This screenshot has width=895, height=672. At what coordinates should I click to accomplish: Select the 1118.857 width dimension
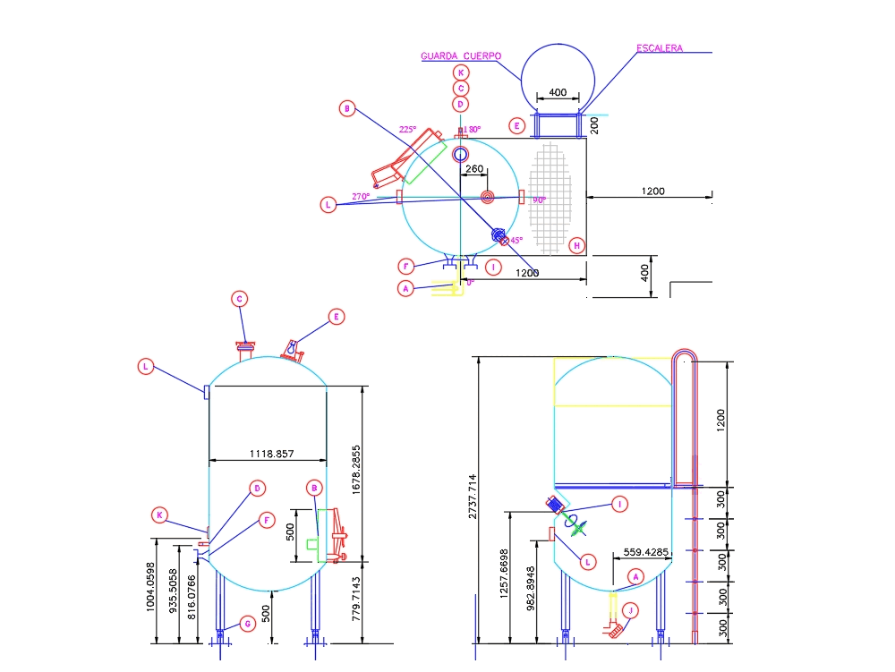coord(267,454)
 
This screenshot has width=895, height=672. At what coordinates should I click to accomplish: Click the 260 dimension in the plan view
coord(474,169)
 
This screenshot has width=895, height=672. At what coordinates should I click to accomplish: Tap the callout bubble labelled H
coord(577,245)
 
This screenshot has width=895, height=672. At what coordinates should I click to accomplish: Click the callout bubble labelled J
coord(632,611)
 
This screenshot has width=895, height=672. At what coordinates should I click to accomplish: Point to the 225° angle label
coord(407,130)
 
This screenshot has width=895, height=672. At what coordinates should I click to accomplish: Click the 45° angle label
coord(516,240)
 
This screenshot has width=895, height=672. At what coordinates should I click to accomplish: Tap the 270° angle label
coord(361,196)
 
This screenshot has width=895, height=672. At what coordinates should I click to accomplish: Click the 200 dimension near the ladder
coord(594,124)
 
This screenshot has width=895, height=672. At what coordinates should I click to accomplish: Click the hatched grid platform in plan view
coord(549,198)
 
